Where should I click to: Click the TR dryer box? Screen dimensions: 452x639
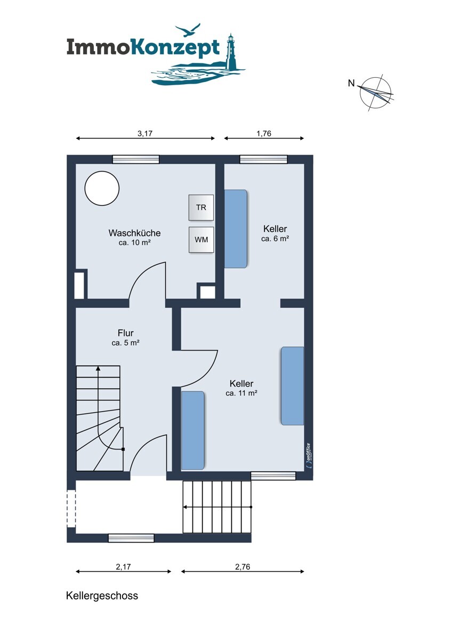(x=201, y=207)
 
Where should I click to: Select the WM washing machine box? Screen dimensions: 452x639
(x=201, y=240)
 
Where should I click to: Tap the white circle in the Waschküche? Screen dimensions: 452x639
(x=102, y=189)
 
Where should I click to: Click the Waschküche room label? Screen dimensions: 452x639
(x=134, y=233)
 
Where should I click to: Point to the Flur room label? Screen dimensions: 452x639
(x=126, y=333)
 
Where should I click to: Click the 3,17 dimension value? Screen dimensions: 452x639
(x=145, y=133)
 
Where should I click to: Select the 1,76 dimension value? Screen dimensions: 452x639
(x=263, y=133)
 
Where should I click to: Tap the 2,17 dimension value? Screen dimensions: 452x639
(x=123, y=567)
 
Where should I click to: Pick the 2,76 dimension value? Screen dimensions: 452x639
(x=243, y=567)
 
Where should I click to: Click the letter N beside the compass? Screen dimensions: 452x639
(x=351, y=83)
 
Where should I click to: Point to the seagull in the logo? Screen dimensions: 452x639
(x=188, y=30)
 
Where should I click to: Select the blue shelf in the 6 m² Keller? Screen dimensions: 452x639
(x=236, y=229)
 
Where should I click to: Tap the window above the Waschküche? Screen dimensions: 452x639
(x=135, y=159)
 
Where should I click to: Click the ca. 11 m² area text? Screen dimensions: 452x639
(x=241, y=393)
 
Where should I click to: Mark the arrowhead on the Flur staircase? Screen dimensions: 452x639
(x=98, y=368)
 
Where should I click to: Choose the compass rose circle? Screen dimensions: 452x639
(x=375, y=93)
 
